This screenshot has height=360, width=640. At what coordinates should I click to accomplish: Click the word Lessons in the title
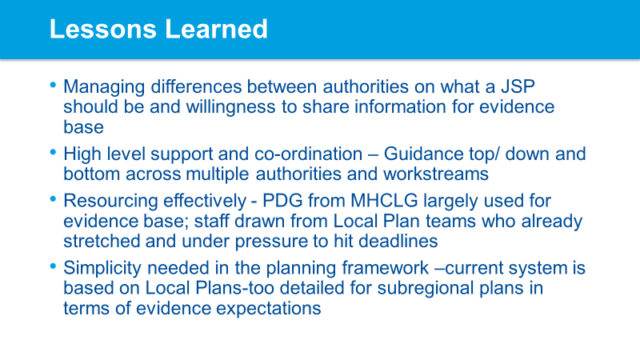click(103, 29)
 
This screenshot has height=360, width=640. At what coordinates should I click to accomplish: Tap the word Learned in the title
click(216, 29)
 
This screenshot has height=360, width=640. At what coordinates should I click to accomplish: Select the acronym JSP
click(518, 86)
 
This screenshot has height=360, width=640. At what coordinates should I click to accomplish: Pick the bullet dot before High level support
click(53, 153)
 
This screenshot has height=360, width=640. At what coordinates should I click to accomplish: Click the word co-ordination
click(308, 154)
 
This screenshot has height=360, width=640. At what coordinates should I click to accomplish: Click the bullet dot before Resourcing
click(53, 199)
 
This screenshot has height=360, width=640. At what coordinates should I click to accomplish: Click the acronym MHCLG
click(385, 201)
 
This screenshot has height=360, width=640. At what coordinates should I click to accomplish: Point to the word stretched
click(102, 241)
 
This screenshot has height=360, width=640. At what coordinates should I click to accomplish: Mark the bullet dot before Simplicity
click(53, 266)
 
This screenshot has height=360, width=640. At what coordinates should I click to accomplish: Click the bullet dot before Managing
click(53, 86)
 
